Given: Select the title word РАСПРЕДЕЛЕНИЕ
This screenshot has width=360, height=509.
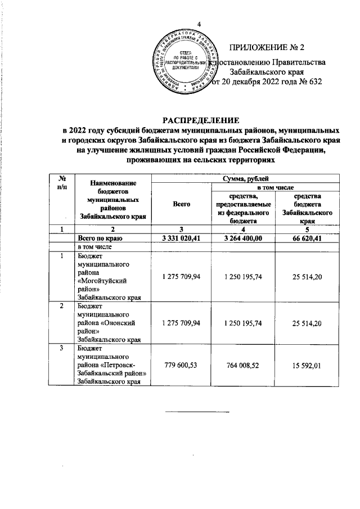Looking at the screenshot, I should [201, 120].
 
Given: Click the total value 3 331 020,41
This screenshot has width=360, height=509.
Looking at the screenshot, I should [181, 238].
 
